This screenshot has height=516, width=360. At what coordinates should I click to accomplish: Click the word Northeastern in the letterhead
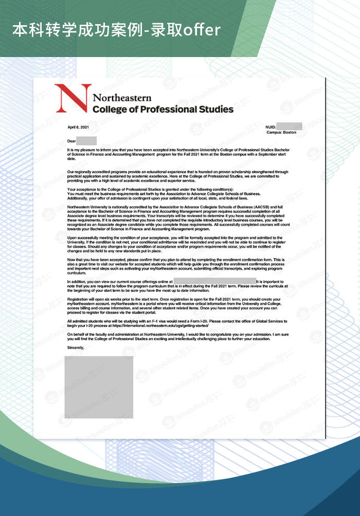(122, 98)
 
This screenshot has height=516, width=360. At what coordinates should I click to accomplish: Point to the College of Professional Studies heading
(163, 109)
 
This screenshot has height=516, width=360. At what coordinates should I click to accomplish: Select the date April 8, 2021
(78, 126)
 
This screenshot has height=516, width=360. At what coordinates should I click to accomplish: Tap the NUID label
(271, 126)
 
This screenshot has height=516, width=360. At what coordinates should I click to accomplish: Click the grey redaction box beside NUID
(289, 126)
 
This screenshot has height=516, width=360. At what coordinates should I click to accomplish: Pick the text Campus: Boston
(281, 133)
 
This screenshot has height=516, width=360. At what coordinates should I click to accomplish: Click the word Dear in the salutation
(71, 141)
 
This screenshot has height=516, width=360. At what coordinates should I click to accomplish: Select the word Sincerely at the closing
(75, 348)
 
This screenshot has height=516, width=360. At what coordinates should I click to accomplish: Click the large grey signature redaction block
(99, 386)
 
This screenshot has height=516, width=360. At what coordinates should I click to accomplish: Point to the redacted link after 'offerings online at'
(214, 282)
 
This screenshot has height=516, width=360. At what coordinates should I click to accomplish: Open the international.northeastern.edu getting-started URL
(163, 325)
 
